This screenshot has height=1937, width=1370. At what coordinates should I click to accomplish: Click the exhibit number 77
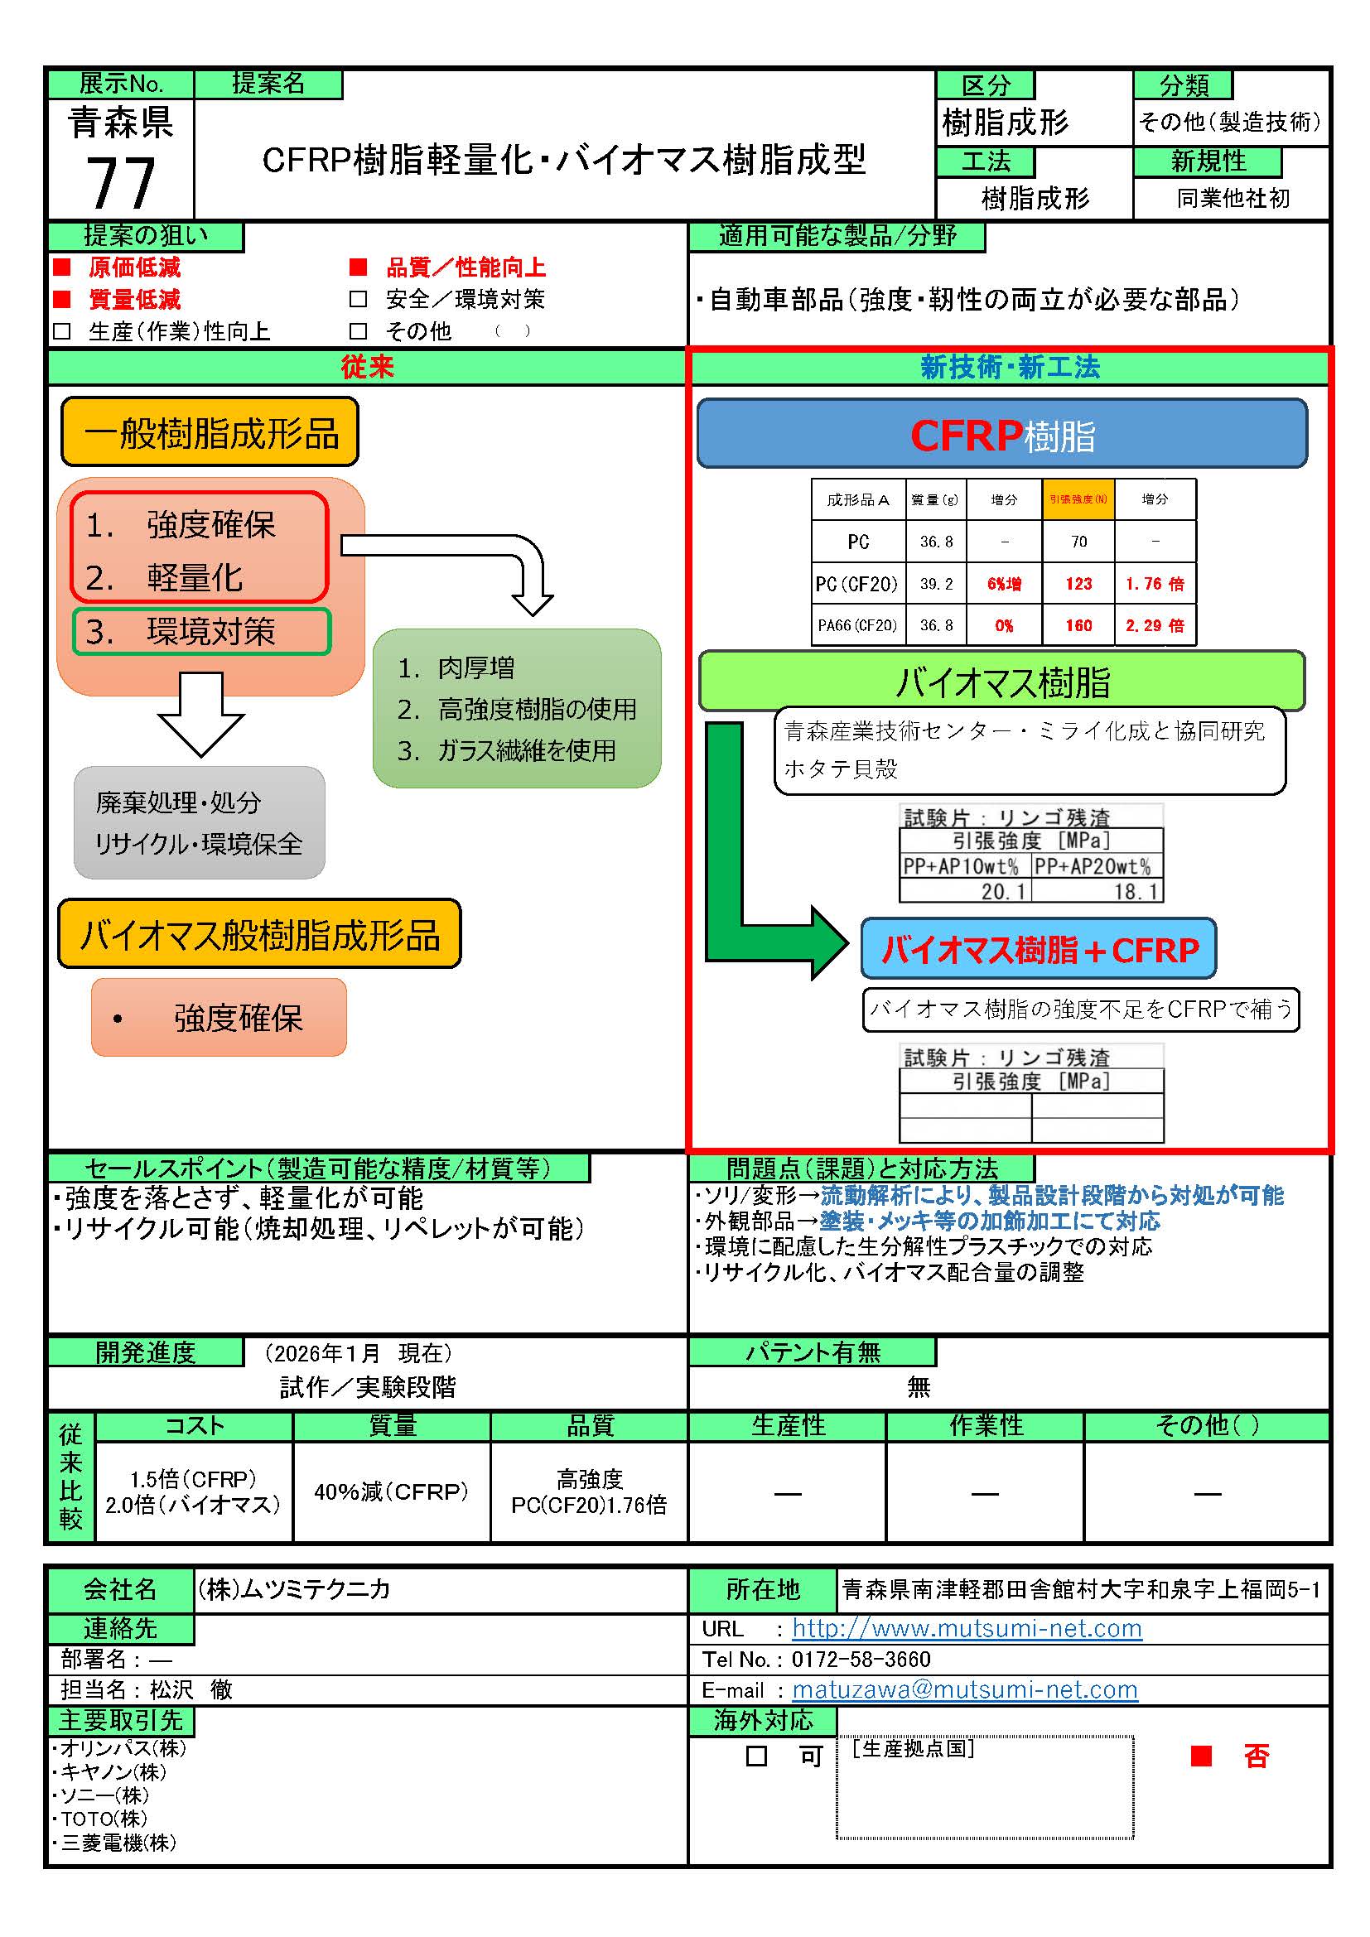[121, 183]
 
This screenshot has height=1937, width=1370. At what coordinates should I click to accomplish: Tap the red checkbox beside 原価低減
[61, 267]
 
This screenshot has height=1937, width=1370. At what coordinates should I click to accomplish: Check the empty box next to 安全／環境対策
[359, 300]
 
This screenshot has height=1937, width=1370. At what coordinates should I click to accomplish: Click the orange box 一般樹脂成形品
[210, 433]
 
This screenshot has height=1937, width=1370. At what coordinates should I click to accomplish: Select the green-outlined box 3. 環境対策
[201, 632]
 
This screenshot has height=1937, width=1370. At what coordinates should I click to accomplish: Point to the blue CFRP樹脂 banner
[1001, 435]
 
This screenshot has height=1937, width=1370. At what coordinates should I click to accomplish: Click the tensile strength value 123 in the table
[1078, 584]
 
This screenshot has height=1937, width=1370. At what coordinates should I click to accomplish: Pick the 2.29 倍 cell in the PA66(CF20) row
[1154, 625]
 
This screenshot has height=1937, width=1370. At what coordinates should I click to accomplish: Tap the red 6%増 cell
[1004, 584]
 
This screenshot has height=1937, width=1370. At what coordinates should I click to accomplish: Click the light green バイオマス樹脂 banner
[1001, 682]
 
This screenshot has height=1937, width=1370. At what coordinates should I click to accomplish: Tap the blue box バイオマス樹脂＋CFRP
[1039, 950]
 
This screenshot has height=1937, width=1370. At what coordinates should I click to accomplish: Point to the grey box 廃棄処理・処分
[199, 822]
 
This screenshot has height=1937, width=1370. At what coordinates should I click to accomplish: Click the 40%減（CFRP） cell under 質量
[392, 1491]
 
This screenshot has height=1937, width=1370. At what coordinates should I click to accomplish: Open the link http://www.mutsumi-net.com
[967, 1628]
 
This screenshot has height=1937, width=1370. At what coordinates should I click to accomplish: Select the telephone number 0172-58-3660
[861, 1659]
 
